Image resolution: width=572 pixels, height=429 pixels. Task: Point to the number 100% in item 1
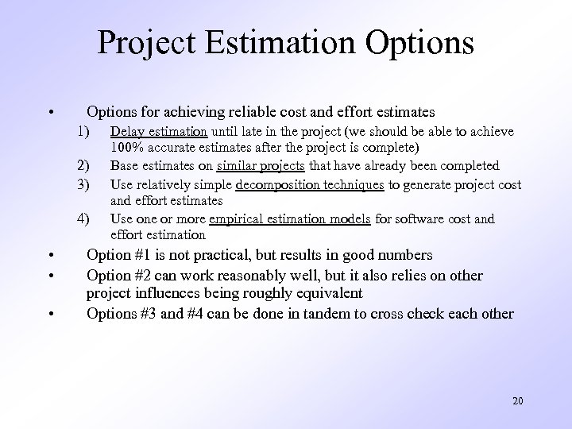(126, 148)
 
